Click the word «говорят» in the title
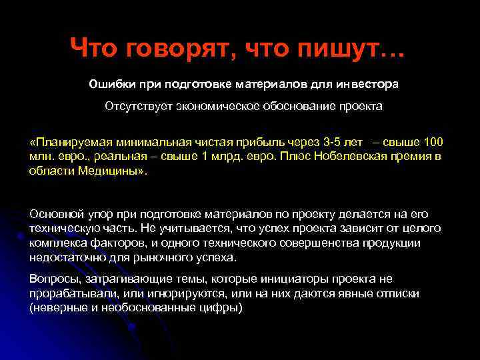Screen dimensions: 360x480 click(x=165, y=47)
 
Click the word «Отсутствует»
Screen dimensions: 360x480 click(x=135, y=107)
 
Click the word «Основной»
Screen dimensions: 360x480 click(x=55, y=214)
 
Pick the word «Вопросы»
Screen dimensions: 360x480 click(x=53, y=279)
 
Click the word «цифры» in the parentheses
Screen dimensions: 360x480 click(x=222, y=307)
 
